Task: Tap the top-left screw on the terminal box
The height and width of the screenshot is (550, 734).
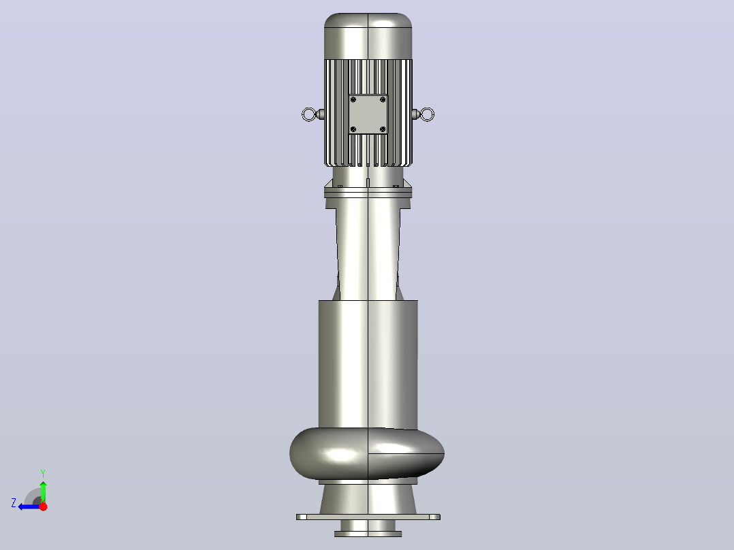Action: (x=353, y=99)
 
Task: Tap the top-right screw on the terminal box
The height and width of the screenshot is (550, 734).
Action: (x=383, y=99)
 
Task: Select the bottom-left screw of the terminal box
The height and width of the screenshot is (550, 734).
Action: (x=353, y=129)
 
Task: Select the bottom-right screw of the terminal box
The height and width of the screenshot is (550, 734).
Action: (x=383, y=129)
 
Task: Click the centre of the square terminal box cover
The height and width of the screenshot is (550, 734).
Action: (x=368, y=114)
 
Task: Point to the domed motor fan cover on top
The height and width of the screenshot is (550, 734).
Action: (x=368, y=36)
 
